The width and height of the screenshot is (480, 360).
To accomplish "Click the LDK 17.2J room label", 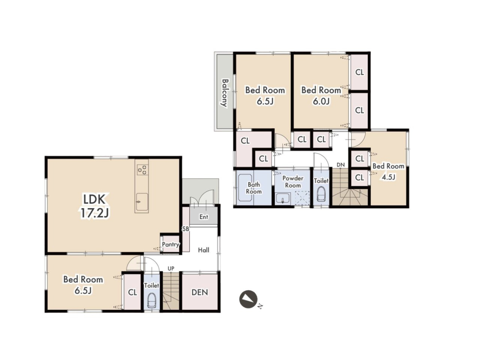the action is pos(94,206).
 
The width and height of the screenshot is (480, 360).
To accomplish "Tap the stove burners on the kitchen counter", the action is pos(142,170).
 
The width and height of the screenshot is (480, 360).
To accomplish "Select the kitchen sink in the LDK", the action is pos(142,202).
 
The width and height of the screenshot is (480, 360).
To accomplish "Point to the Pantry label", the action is pos(171,245).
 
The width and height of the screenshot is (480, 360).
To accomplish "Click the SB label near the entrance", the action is pos(185,229).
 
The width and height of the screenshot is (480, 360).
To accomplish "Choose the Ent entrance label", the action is pos(204,217).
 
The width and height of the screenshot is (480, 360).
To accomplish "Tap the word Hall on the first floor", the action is pos(204,250).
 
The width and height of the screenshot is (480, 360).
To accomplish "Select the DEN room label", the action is pos(199,292).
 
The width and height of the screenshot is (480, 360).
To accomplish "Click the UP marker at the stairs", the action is pos(171,268).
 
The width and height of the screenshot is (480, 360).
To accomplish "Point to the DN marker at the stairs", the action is pos(340,165).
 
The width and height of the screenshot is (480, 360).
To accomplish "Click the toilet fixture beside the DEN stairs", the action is pos(151,301).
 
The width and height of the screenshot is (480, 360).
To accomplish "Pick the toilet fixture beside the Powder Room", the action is pos(321,194).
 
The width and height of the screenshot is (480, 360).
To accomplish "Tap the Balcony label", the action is pos(225,93).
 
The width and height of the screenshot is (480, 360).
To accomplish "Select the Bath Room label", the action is pos(254,188).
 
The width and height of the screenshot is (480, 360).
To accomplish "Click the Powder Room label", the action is pos(293,182).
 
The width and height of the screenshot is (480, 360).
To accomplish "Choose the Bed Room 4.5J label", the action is pos(388,171).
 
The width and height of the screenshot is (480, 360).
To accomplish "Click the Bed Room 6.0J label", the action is pos(321,95).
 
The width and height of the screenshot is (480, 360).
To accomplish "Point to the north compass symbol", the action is pos(248,299).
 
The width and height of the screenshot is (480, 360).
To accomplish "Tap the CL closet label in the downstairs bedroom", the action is pos(132,292).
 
